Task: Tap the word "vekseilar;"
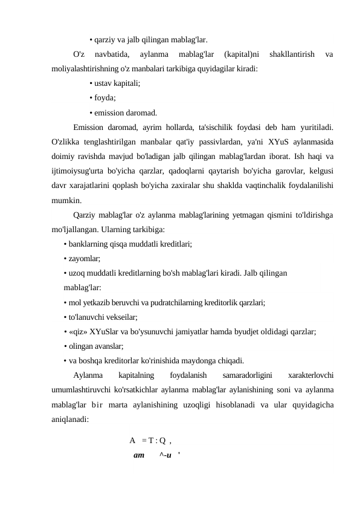tap(120, 317)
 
